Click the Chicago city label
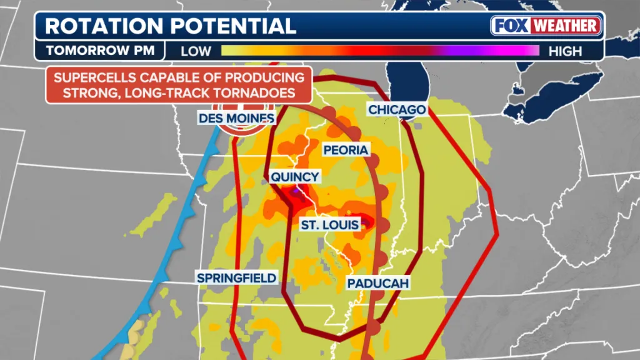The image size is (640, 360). coord(397,110)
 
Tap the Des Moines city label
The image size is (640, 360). coord(236,118)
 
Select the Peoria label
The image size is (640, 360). coord(346,150)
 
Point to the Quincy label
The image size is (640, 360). coord(294,177)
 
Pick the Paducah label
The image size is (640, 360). coord(378,284)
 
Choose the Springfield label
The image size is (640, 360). coord(236,277)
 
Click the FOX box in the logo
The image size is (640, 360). coord(509,26)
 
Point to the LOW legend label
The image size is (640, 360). coord(196,51)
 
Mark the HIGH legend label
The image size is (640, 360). coord(565,51)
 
